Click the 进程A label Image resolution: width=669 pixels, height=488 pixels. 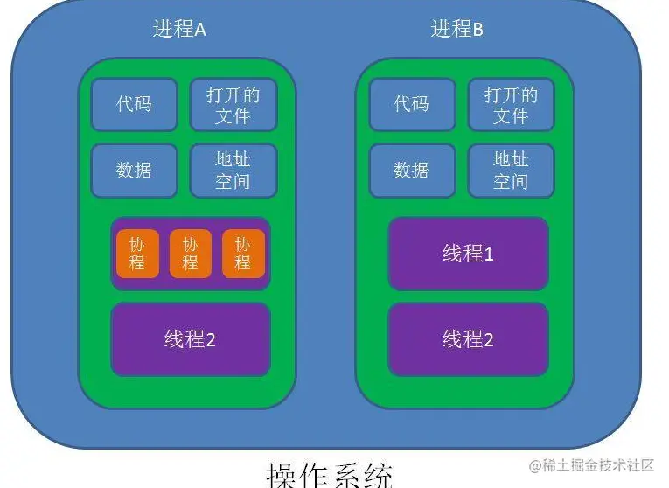click(x=179, y=29)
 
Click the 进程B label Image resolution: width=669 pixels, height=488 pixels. click(x=456, y=29)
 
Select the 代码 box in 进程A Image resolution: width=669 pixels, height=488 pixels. click(x=134, y=104)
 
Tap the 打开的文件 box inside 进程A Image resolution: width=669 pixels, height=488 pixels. click(x=233, y=104)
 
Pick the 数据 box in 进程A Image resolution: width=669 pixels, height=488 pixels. click(x=134, y=170)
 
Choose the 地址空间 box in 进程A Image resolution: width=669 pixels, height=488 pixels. click(x=233, y=170)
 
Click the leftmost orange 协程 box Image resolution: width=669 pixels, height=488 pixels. click(x=137, y=254)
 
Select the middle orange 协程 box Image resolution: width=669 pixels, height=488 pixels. click(x=190, y=254)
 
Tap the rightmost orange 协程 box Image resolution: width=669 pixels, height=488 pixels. click(x=242, y=254)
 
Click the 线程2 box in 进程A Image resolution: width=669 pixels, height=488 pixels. click(x=190, y=339)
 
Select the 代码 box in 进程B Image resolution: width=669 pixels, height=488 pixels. click(x=411, y=104)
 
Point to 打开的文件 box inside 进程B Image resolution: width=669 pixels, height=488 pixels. click(x=511, y=104)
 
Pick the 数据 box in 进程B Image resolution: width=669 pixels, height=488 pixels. click(x=411, y=170)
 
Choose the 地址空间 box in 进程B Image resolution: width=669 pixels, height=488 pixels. click(x=511, y=170)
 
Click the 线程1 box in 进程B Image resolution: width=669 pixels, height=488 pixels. click(x=468, y=254)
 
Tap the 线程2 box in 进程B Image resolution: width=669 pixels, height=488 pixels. click(x=468, y=339)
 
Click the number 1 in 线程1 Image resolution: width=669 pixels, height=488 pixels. click(x=489, y=254)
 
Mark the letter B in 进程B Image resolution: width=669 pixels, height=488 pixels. click(x=477, y=30)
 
